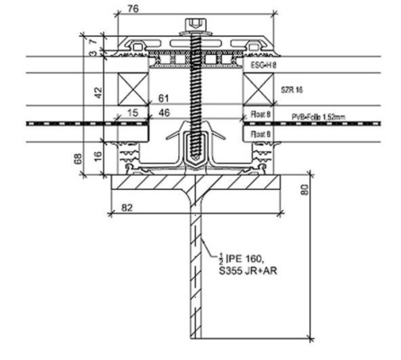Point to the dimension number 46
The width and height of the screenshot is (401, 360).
click(x=163, y=113)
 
